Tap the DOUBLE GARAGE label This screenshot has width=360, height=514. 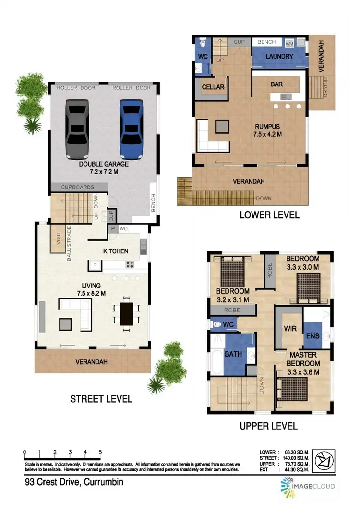pyautogui.click(x=103, y=167)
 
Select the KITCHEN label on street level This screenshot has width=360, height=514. pyautogui.click(x=116, y=251)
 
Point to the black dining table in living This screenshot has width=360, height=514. pyautogui.click(x=126, y=314)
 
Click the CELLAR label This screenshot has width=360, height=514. pyautogui.click(x=213, y=87)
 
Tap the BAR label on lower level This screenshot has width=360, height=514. pyautogui.click(x=276, y=84)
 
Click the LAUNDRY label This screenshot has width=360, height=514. pyautogui.click(x=279, y=57)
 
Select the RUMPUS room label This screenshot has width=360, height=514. pyautogui.click(x=267, y=131)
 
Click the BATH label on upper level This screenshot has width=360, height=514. pyautogui.click(x=233, y=355)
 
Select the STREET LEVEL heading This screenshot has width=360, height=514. pyautogui.click(x=101, y=399)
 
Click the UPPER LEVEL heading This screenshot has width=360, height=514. pyautogui.click(x=268, y=426)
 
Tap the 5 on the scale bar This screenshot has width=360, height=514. pyautogui.click(x=100, y=452)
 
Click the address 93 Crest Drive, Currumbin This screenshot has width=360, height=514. pyautogui.click(x=74, y=482)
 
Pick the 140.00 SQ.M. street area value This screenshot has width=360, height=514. pyautogui.click(x=297, y=458)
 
